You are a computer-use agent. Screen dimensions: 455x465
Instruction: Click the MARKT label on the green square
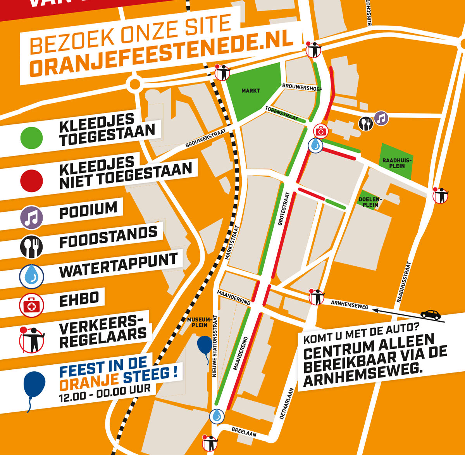click(251, 91)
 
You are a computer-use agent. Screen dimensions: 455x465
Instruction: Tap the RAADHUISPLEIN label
click(397, 163)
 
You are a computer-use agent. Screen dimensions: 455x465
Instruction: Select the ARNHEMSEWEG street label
click(349, 305)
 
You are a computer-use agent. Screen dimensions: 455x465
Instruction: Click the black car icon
click(431, 314)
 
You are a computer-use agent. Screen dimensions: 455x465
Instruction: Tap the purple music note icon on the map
click(381, 118)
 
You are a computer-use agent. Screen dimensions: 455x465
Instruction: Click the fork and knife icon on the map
click(365, 124)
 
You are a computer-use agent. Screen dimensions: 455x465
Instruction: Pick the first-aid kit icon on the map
click(320, 131)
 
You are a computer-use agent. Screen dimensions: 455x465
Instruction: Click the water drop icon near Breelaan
click(217, 416)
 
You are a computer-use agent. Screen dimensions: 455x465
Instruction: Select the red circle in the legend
click(32, 181)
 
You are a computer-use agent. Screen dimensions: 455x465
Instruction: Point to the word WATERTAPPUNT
click(118, 265)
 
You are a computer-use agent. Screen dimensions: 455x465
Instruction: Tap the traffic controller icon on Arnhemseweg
click(317, 297)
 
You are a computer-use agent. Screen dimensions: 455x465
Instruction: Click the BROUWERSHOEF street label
click(302, 87)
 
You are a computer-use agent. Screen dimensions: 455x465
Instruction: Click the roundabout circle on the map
click(135, 83)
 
